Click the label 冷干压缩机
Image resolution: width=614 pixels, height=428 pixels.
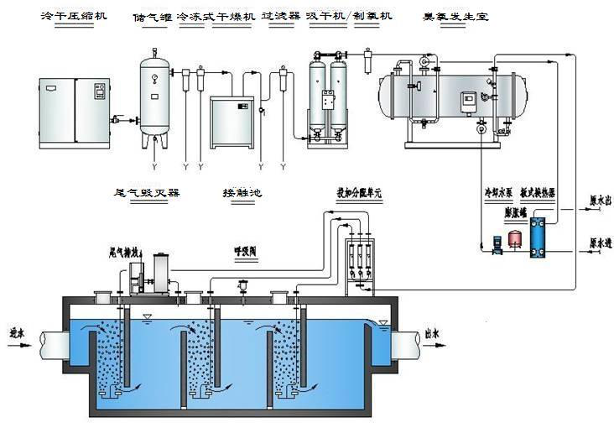pos(74,17)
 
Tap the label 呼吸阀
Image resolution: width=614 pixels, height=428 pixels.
pos(247,249)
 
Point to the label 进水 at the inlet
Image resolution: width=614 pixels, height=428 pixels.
pos(18,331)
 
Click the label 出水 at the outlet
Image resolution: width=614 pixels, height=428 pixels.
pos(434,331)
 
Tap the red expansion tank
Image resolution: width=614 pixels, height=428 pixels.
pos(515,235)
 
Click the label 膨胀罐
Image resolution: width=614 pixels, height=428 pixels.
pos(515,212)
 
